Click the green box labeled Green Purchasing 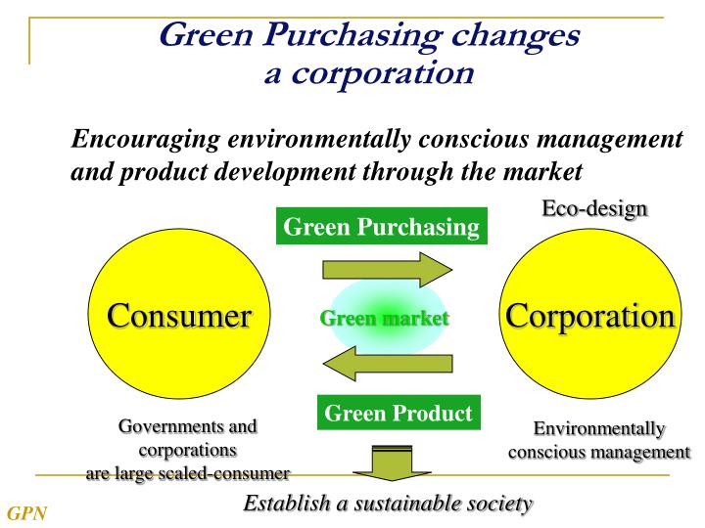(x=381, y=228)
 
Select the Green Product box (x=398, y=413)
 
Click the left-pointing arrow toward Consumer (x=387, y=365)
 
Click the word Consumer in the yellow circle (x=178, y=316)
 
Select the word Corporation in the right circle (x=589, y=316)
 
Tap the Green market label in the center (x=384, y=318)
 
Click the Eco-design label (x=594, y=208)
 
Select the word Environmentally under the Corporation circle (x=598, y=429)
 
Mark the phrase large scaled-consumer (x=214, y=474)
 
